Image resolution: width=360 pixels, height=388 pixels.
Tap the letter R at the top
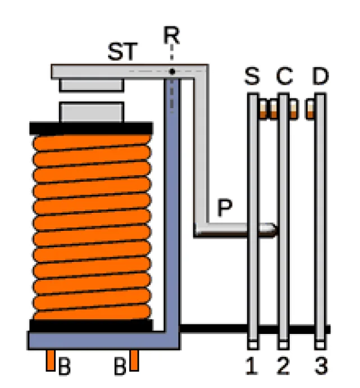click(x=172, y=35)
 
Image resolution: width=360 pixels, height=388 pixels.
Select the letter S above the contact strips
click(x=252, y=77)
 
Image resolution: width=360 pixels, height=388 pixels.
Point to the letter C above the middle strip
click(x=285, y=77)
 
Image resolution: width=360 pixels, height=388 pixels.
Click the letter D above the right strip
click(x=319, y=77)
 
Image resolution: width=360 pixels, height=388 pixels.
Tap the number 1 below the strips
click(x=252, y=367)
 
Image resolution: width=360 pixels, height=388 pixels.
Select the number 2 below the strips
click(x=283, y=367)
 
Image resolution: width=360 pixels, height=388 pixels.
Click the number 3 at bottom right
click(x=320, y=367)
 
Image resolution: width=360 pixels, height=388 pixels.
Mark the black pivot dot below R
click(x=172, y=72)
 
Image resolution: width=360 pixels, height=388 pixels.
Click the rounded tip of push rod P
click(x=272, y=229)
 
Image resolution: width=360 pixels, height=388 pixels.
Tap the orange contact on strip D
click(x=309, y=109)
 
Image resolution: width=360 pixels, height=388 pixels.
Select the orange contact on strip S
click(x=264, y=109)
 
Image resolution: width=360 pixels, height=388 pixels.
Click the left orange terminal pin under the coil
click(x=51, y=360)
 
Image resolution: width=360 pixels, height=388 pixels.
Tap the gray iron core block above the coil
click(x=91, y=112)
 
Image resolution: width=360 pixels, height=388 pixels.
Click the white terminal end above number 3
click(x=320, y=345)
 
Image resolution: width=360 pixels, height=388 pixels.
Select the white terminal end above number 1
click(x=252, y=345)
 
